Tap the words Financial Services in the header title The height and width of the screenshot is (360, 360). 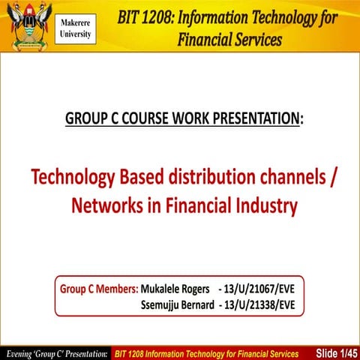229,39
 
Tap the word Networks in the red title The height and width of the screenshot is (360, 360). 106,205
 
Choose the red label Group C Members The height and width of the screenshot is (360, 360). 99,289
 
